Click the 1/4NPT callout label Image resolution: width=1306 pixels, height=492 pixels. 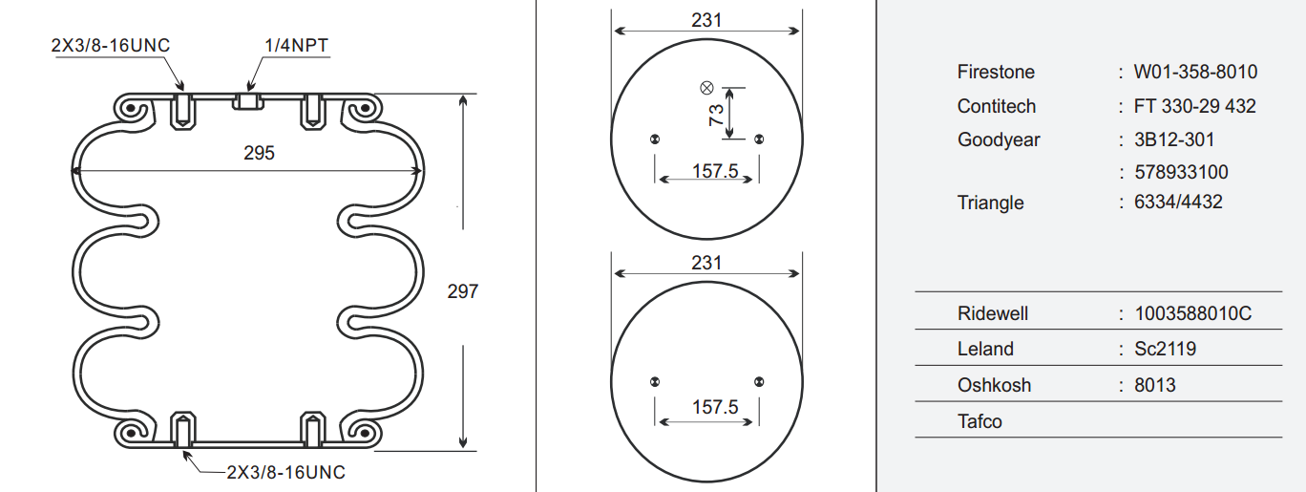(297, 45)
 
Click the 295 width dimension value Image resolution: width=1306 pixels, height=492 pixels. (259, 153)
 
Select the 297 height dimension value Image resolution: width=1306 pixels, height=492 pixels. (463, 291)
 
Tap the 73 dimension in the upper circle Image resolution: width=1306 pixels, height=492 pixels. (716, 115)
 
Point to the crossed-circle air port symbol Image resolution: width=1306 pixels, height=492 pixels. (706, 88)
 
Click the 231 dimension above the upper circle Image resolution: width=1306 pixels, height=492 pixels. (706, 20)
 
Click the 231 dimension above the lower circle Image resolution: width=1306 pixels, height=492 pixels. (706, 264)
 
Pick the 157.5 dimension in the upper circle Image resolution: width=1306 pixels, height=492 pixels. (715, 171)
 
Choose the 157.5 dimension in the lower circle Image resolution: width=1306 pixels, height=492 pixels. (715, 407)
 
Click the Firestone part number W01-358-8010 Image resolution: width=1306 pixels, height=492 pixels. (1195, 72)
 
